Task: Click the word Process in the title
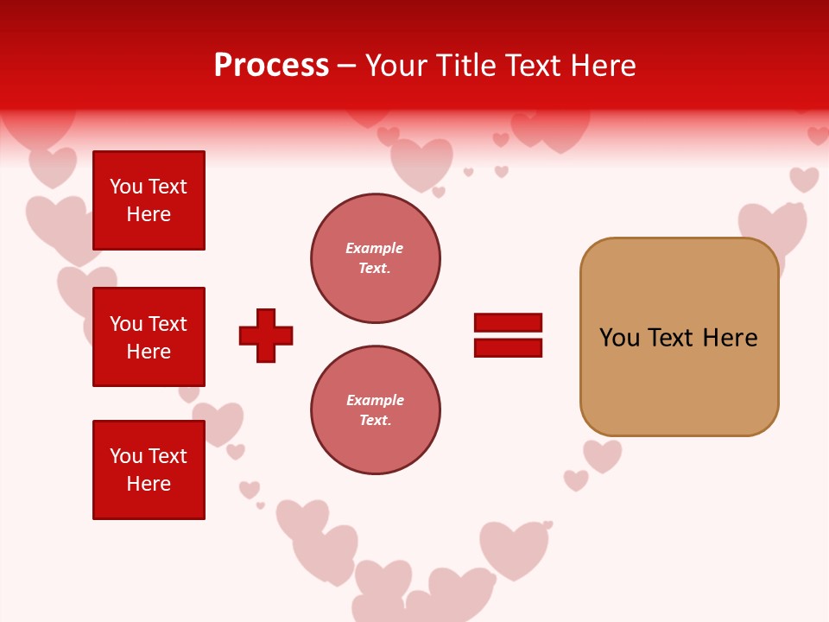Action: [x=271, y=66]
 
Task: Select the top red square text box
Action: [x=149, y=200]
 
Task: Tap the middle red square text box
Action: [x=149, y=337]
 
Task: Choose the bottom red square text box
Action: [x=149, y=469]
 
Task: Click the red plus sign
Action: [x=266, y=335]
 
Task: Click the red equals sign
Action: [x=508, y=335]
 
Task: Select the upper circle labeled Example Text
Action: [x=375, y=258]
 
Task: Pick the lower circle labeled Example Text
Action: [x=375, y=409]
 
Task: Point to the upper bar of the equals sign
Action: [x=508, y=323]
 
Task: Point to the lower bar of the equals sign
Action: [x=508, y=347]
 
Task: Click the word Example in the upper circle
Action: [x=374, y=248]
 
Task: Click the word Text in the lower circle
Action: [x=374, y=420]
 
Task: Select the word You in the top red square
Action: [x=126, y=187]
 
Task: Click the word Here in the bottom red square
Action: [x=149, y=484]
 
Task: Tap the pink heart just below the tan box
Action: [x=603, y=455]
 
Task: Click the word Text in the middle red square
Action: [x=168, y=324]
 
